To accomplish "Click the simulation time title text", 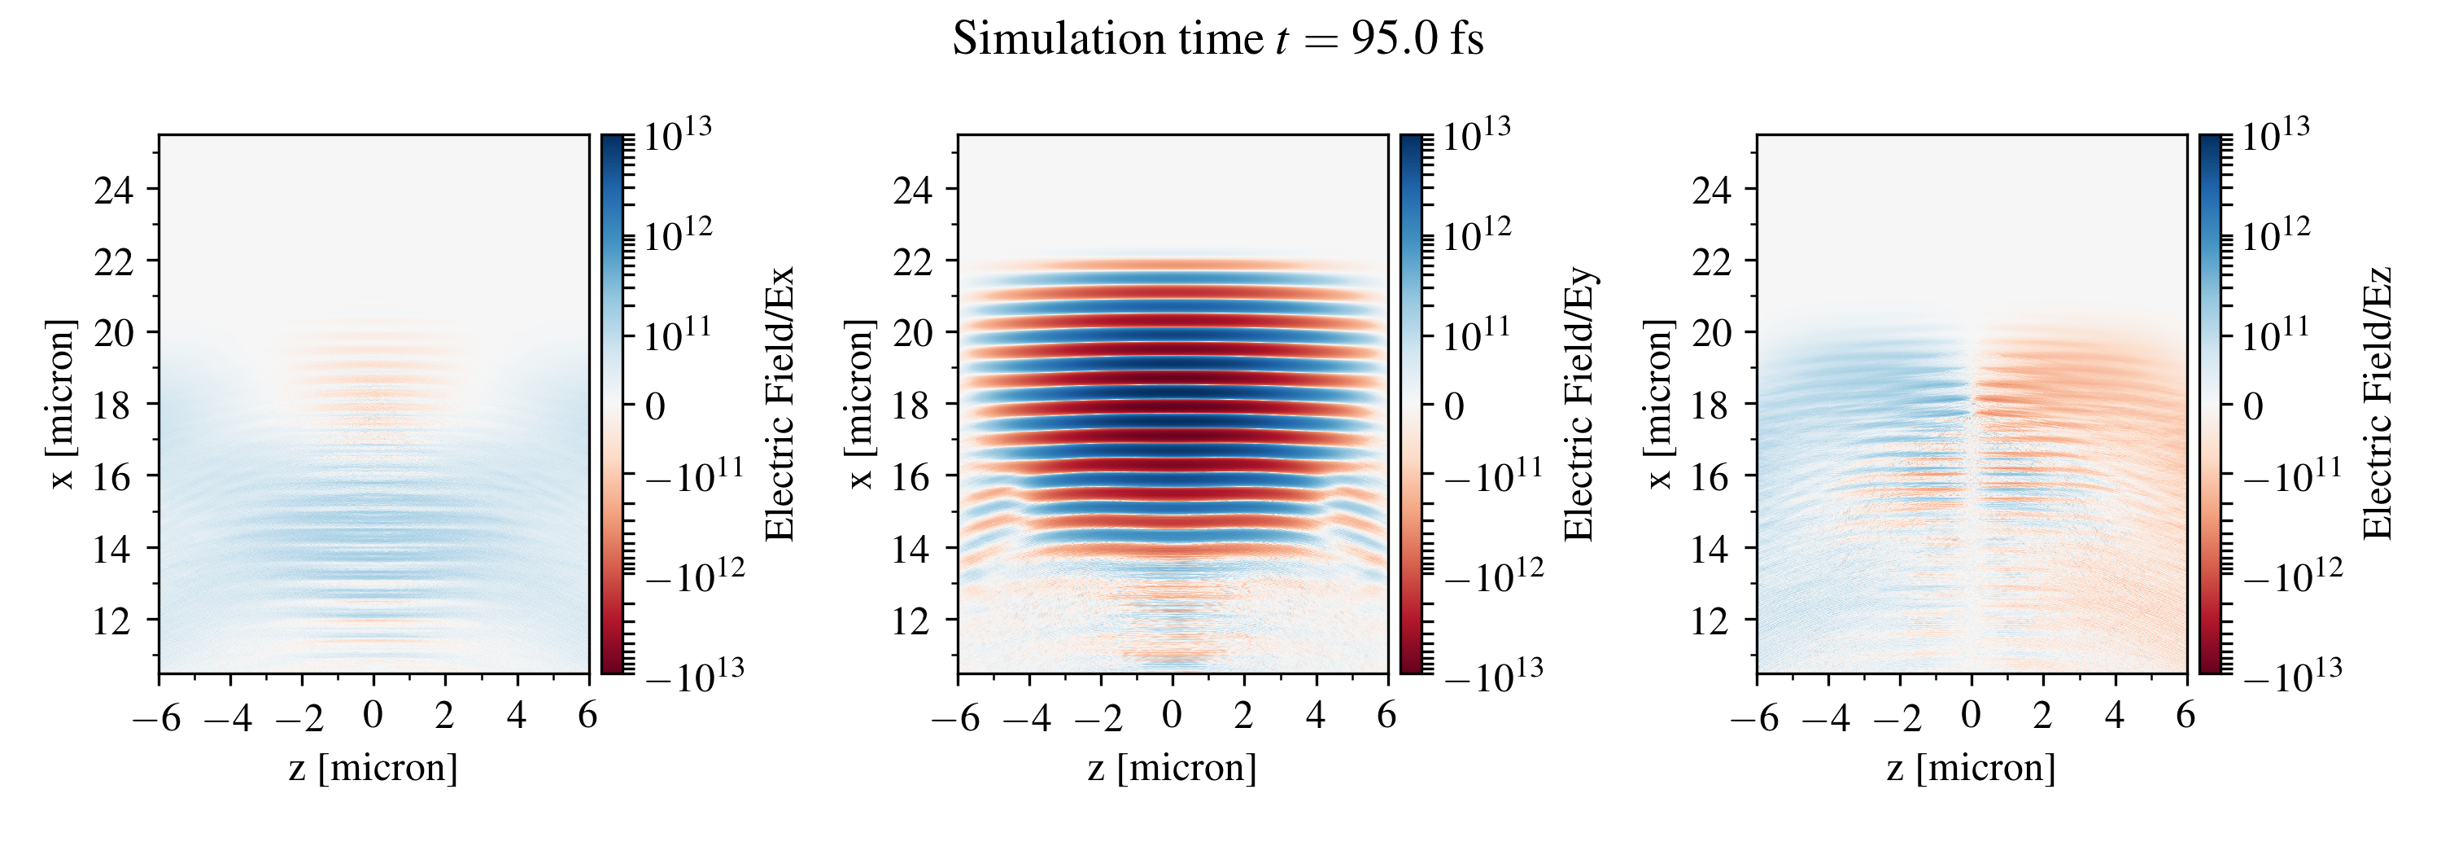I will [x=1218, y=40].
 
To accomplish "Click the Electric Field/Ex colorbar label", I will [x=779, y=404].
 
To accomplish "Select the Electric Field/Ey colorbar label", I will [x=1579, y=404].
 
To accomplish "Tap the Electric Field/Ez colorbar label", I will [x=2378, y=404].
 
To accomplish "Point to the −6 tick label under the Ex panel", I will [x=156, y=717].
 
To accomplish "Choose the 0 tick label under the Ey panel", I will [x=1172, y=716].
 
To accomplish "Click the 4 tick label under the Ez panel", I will [x=2114, y=716].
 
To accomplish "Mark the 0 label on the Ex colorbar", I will [x=655, y=406].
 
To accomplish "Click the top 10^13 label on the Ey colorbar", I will [x=1476, y=134].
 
